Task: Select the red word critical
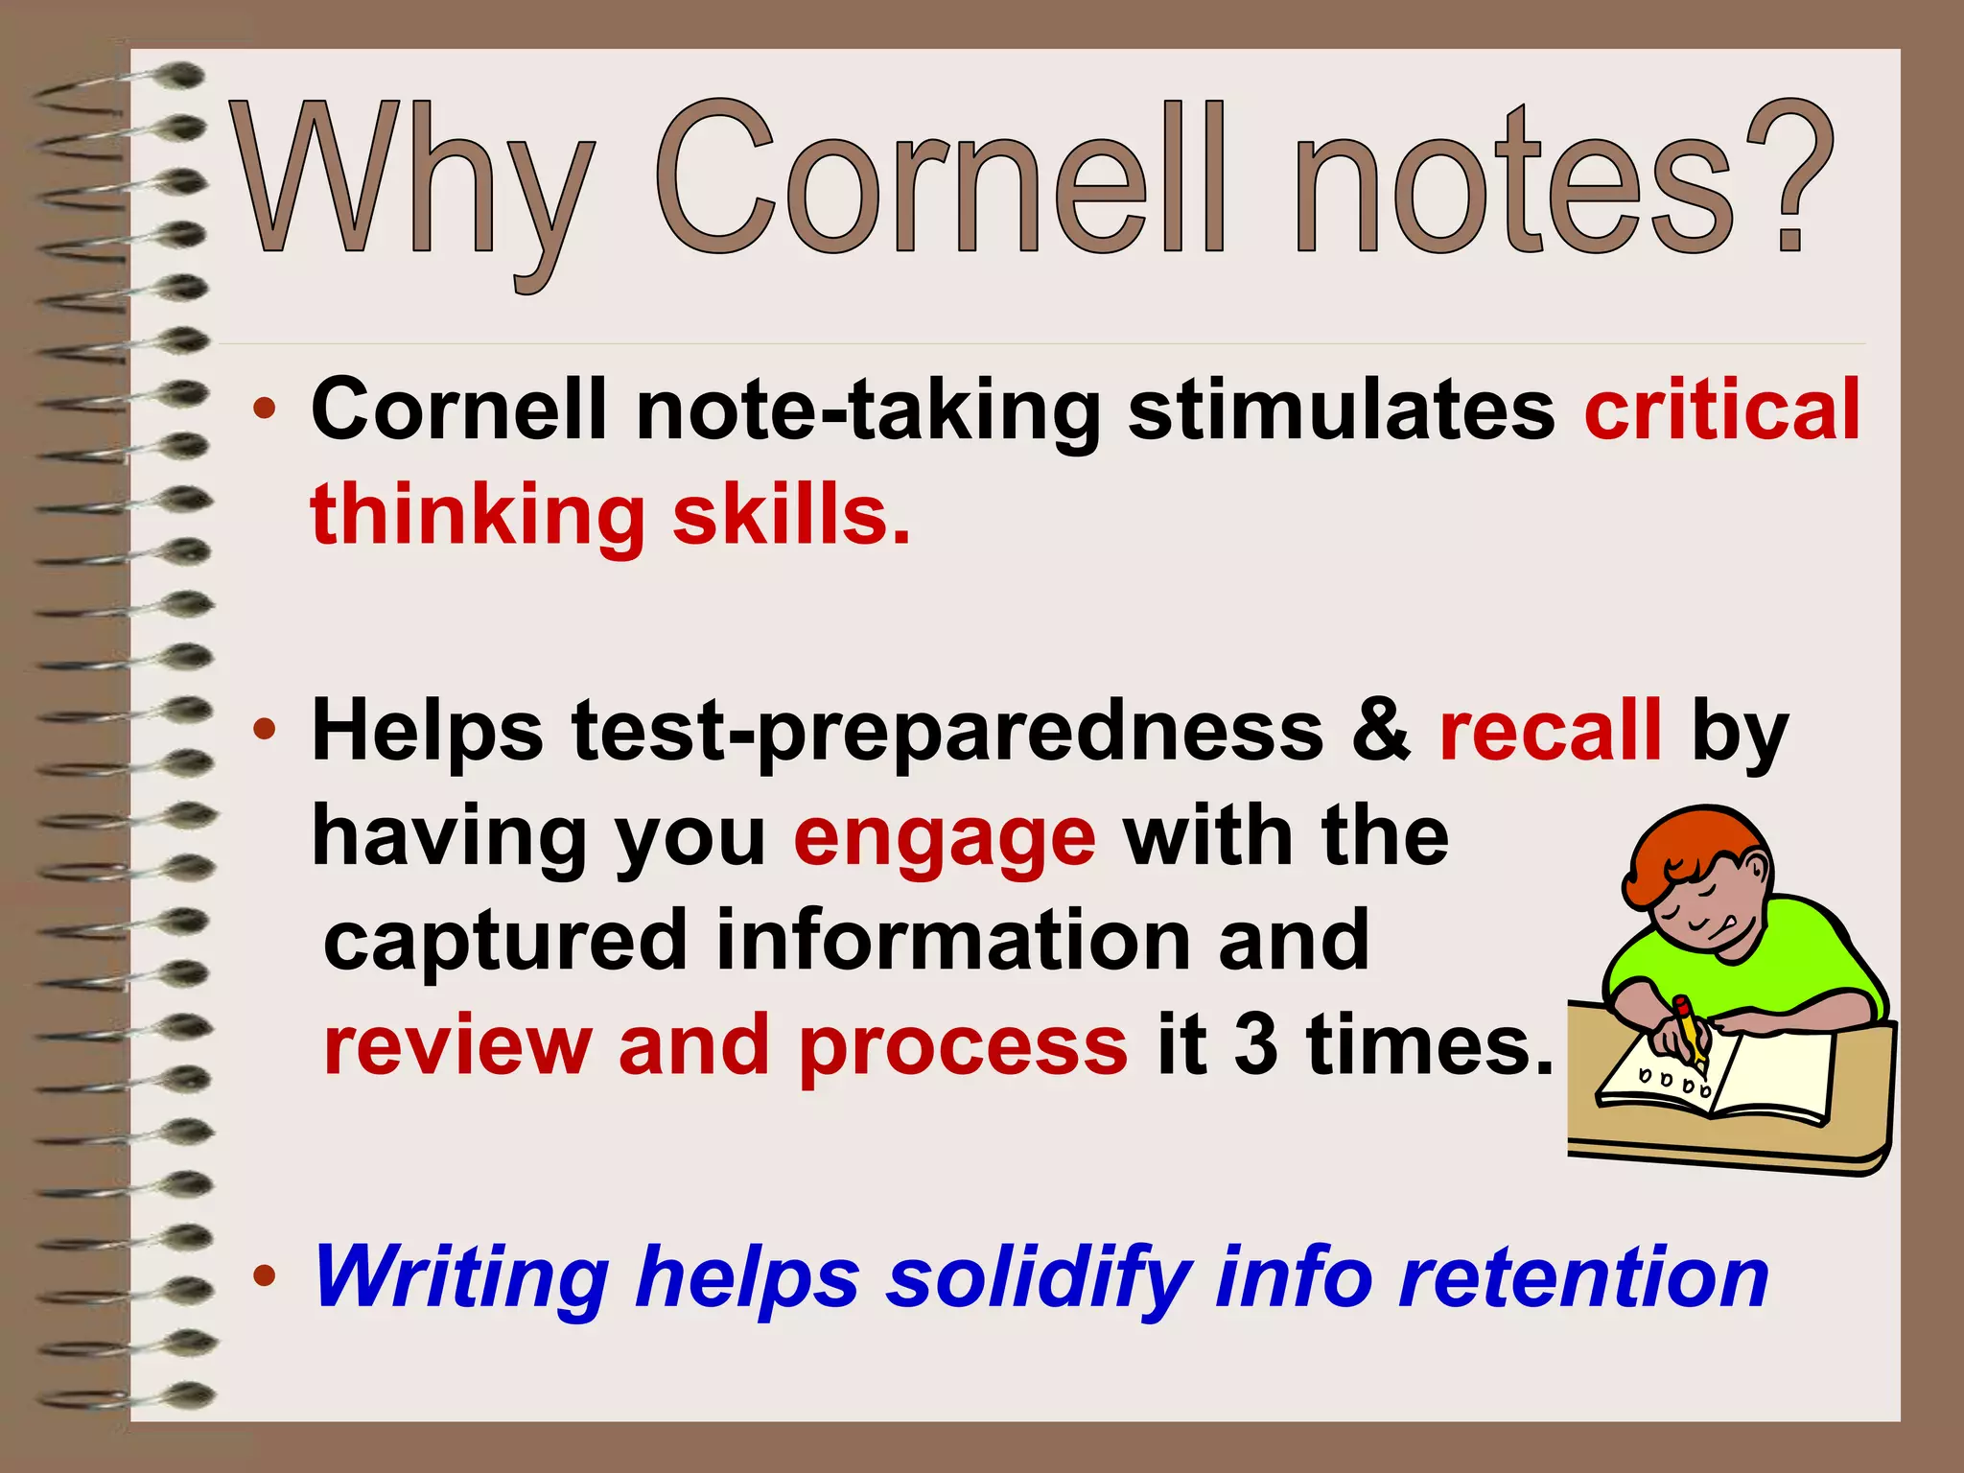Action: coord(1722,409)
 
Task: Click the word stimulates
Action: coord(1342,409)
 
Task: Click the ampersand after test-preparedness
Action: coord(1382,731)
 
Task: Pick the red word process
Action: coord(964,1047)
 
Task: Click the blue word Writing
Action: coord(461,1276)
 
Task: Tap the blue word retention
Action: coord(1583,1276)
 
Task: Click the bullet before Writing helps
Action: coord(265,1276)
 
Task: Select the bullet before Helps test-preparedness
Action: coord(265,731)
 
